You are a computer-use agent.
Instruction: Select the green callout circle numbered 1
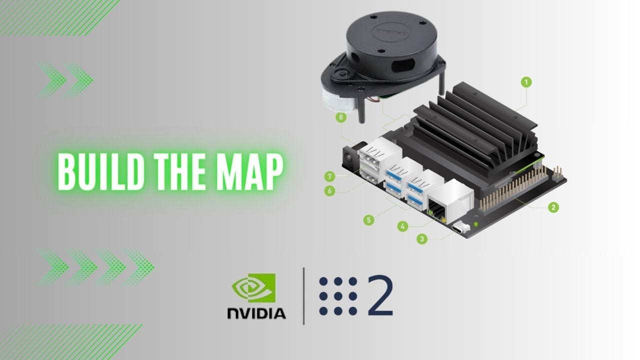click(x=525, y=82)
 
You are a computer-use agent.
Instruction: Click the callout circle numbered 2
click(x=552, y=206)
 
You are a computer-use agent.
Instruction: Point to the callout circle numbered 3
click(x=422, y=239)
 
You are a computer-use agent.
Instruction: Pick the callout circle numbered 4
click(x=402, y=226)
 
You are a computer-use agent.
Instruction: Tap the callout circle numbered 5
click(x=369, y=219)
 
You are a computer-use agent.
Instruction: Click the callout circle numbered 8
click(x=341, y=117)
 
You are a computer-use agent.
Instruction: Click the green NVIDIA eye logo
click(x=253, y=288)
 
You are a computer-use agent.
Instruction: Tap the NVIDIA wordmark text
click(x=256, y=313)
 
